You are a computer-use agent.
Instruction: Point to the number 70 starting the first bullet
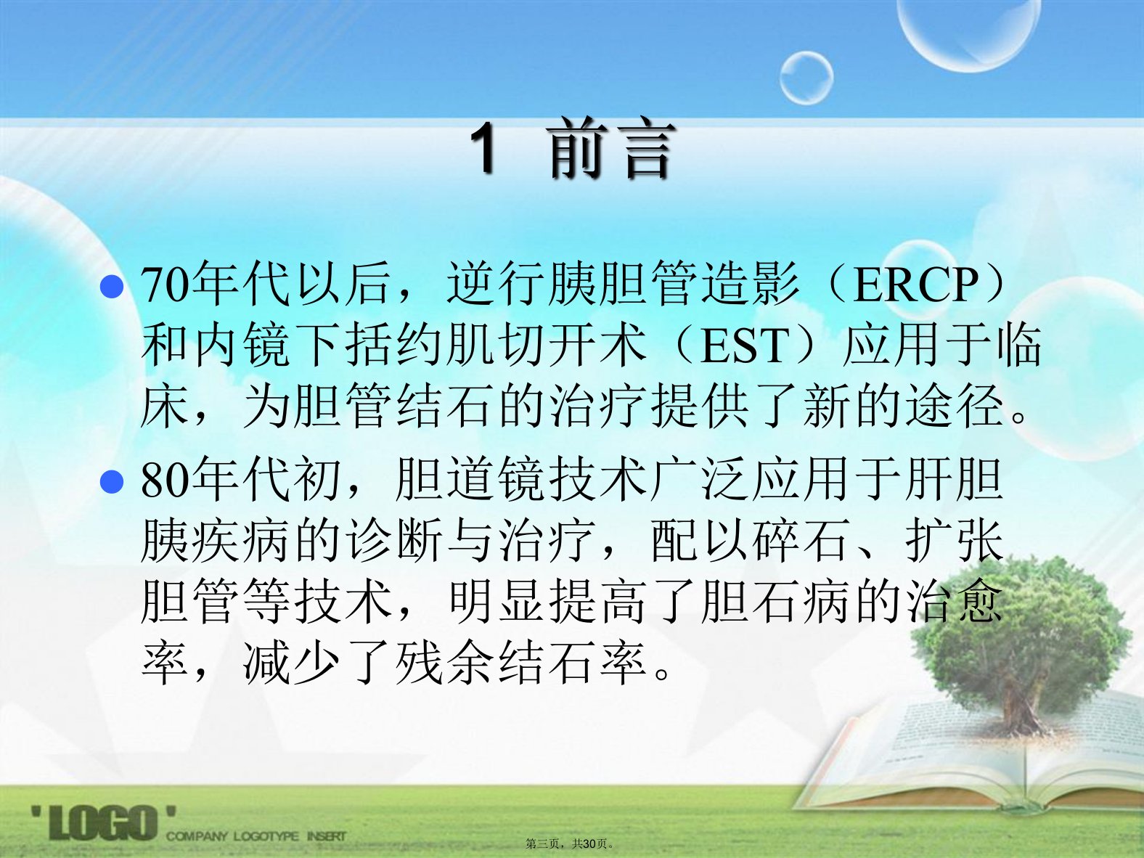coord(163,285)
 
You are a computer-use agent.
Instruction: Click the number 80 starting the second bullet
coord(163,481)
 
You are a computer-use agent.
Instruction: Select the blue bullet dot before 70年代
coord(112,287)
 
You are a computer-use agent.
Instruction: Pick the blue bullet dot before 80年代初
coord(112,482)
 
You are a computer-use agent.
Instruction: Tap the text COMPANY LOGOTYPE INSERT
coord(256,835)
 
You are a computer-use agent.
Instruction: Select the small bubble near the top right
coord(806,78)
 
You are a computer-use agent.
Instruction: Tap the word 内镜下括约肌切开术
coord(393,344)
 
